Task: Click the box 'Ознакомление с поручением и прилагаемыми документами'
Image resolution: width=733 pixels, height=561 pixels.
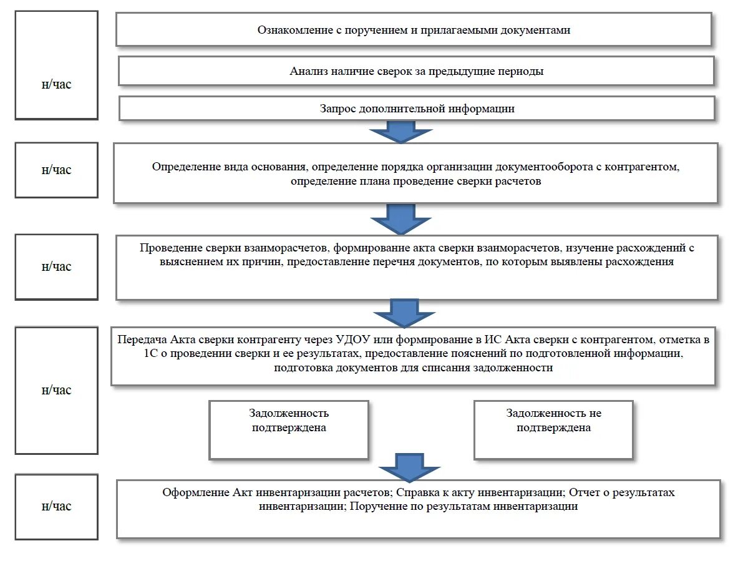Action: click(414, 29)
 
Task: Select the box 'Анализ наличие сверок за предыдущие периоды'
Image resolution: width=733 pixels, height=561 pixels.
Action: click(416, 71)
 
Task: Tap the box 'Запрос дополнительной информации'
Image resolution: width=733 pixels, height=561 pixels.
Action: click(417, 109)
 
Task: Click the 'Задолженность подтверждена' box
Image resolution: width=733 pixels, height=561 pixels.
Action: click(289, 430)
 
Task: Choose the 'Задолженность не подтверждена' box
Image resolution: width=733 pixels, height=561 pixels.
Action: click(553, 430)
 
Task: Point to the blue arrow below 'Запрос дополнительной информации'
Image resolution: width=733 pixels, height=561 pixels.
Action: click(400, 132)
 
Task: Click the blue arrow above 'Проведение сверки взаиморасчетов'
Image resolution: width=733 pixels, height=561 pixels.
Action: click(400, 219)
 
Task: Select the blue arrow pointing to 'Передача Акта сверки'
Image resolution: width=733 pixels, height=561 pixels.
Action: click(404, 313)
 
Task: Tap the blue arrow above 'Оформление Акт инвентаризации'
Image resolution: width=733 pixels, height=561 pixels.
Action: click(409, 467)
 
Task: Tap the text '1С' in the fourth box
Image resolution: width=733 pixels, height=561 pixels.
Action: click(151, 353)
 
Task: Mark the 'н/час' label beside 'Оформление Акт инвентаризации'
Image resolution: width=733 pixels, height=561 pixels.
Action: click(57, 506)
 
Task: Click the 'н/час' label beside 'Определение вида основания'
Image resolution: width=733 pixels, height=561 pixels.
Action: click(57, 170)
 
